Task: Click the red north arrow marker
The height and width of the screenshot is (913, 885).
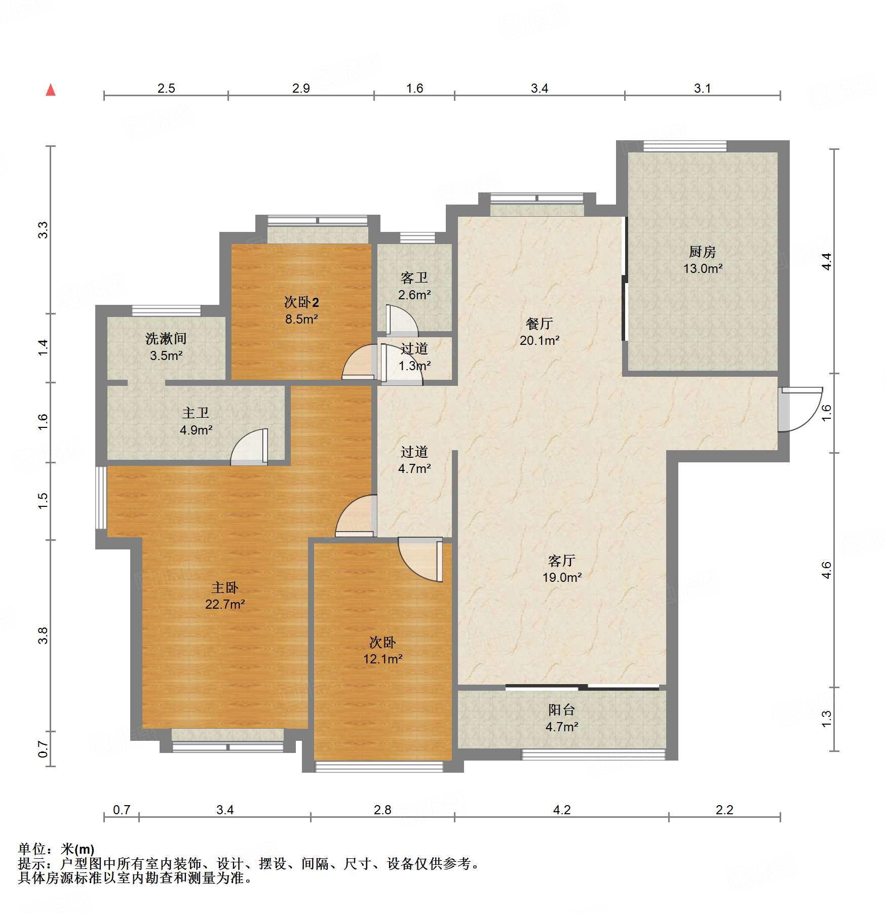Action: point(51,90)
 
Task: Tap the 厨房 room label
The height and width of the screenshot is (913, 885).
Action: point(702,252)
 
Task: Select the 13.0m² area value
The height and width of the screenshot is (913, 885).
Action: point(703,268)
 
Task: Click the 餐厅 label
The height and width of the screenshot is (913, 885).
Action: point(539,324)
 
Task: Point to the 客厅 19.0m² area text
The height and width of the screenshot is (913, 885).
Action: point(562,577)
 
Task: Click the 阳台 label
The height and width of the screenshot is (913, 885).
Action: point(561,710)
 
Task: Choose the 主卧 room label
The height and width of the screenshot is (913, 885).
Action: point(224,587)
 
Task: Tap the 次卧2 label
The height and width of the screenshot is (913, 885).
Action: point(301,302)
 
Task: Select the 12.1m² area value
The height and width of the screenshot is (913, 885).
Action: point(382,659)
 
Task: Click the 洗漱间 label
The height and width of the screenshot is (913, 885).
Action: point(166,338)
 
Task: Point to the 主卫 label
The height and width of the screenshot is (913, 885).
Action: point(196,413)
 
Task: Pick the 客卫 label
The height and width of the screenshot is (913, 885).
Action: point(414,278)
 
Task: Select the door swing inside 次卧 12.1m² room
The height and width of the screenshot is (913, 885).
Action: point(421,559)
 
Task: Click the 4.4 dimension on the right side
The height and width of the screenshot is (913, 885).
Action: point(827,261)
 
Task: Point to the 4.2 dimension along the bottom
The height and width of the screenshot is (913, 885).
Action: point(562,810)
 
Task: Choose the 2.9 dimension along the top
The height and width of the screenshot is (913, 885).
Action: point(301,88)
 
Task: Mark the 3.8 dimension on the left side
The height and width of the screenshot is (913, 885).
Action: point(43,635)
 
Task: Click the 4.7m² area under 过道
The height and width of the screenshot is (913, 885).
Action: point(414,468)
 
